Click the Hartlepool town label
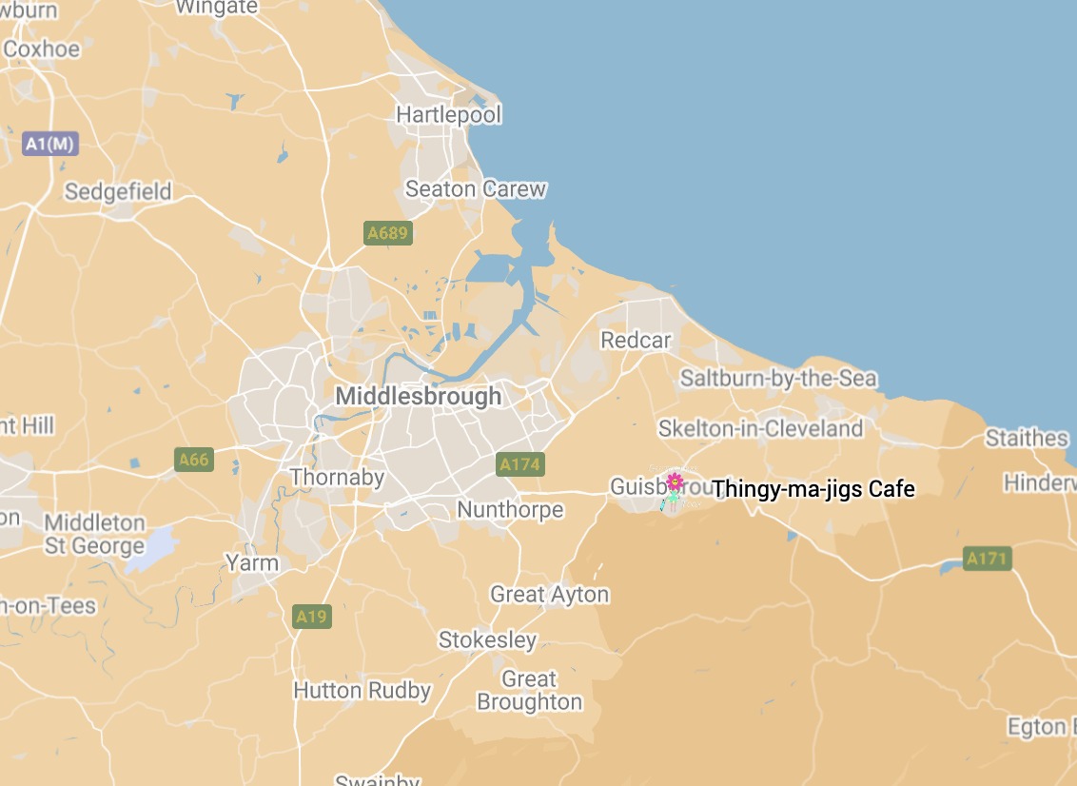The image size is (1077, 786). tap(448, 115)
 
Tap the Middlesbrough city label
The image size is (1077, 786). tap(418, 396)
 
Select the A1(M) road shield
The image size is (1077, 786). tap(50, 144)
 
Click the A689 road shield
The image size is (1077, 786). tap(388, 233)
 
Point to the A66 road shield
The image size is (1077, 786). tap(193, 460)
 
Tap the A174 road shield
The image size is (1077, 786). tap(520, 464)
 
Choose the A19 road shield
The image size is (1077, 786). tap(311, 617)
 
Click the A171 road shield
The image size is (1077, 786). tap(987, 559)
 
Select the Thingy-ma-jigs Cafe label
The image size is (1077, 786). tap(813, 489)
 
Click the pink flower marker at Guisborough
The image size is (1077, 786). tap(675, 481)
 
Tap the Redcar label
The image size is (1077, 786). tap(636, 340)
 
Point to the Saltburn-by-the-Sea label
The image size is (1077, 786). tap(778, 379)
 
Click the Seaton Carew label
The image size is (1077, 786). tap(476, 189)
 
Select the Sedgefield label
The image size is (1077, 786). tap(118, 191)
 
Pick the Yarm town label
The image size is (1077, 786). tap(252, 562)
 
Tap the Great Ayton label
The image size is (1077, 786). tap(549, 595)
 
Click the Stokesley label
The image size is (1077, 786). tap(487, 640)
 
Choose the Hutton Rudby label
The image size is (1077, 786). tap(362, 691)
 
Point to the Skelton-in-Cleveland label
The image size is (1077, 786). tap(760, 428)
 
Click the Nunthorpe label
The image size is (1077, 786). tap(510, 510)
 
